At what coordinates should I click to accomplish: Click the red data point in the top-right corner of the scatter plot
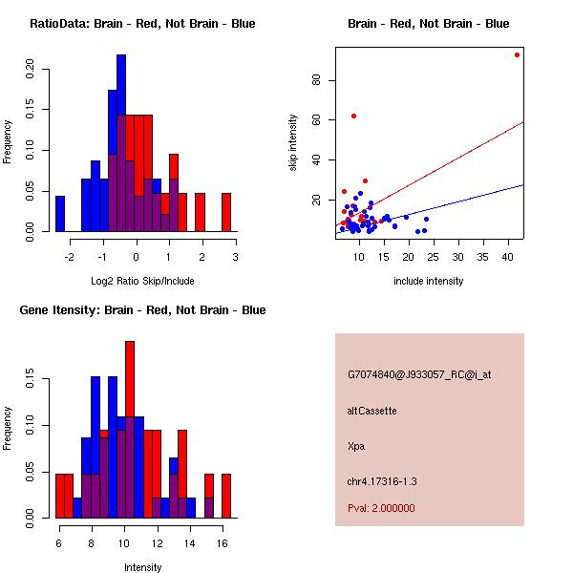(517, 54)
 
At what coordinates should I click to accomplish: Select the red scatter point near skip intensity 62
(353, 116)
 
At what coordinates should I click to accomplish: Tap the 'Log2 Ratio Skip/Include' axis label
(142, 281)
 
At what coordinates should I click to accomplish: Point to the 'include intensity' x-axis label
(428, 281)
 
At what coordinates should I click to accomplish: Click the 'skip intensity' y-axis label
(293, 143)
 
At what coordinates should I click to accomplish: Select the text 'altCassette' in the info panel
(371, 411)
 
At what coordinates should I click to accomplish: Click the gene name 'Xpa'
(356, 445)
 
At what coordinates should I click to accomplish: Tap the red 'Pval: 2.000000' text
(381, 508)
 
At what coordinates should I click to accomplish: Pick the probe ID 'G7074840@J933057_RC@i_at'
(419, 375)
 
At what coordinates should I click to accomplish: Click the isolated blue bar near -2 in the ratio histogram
(60, 213)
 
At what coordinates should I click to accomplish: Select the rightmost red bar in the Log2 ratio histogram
(226, 212)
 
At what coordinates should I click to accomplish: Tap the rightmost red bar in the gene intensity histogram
(226, 496)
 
